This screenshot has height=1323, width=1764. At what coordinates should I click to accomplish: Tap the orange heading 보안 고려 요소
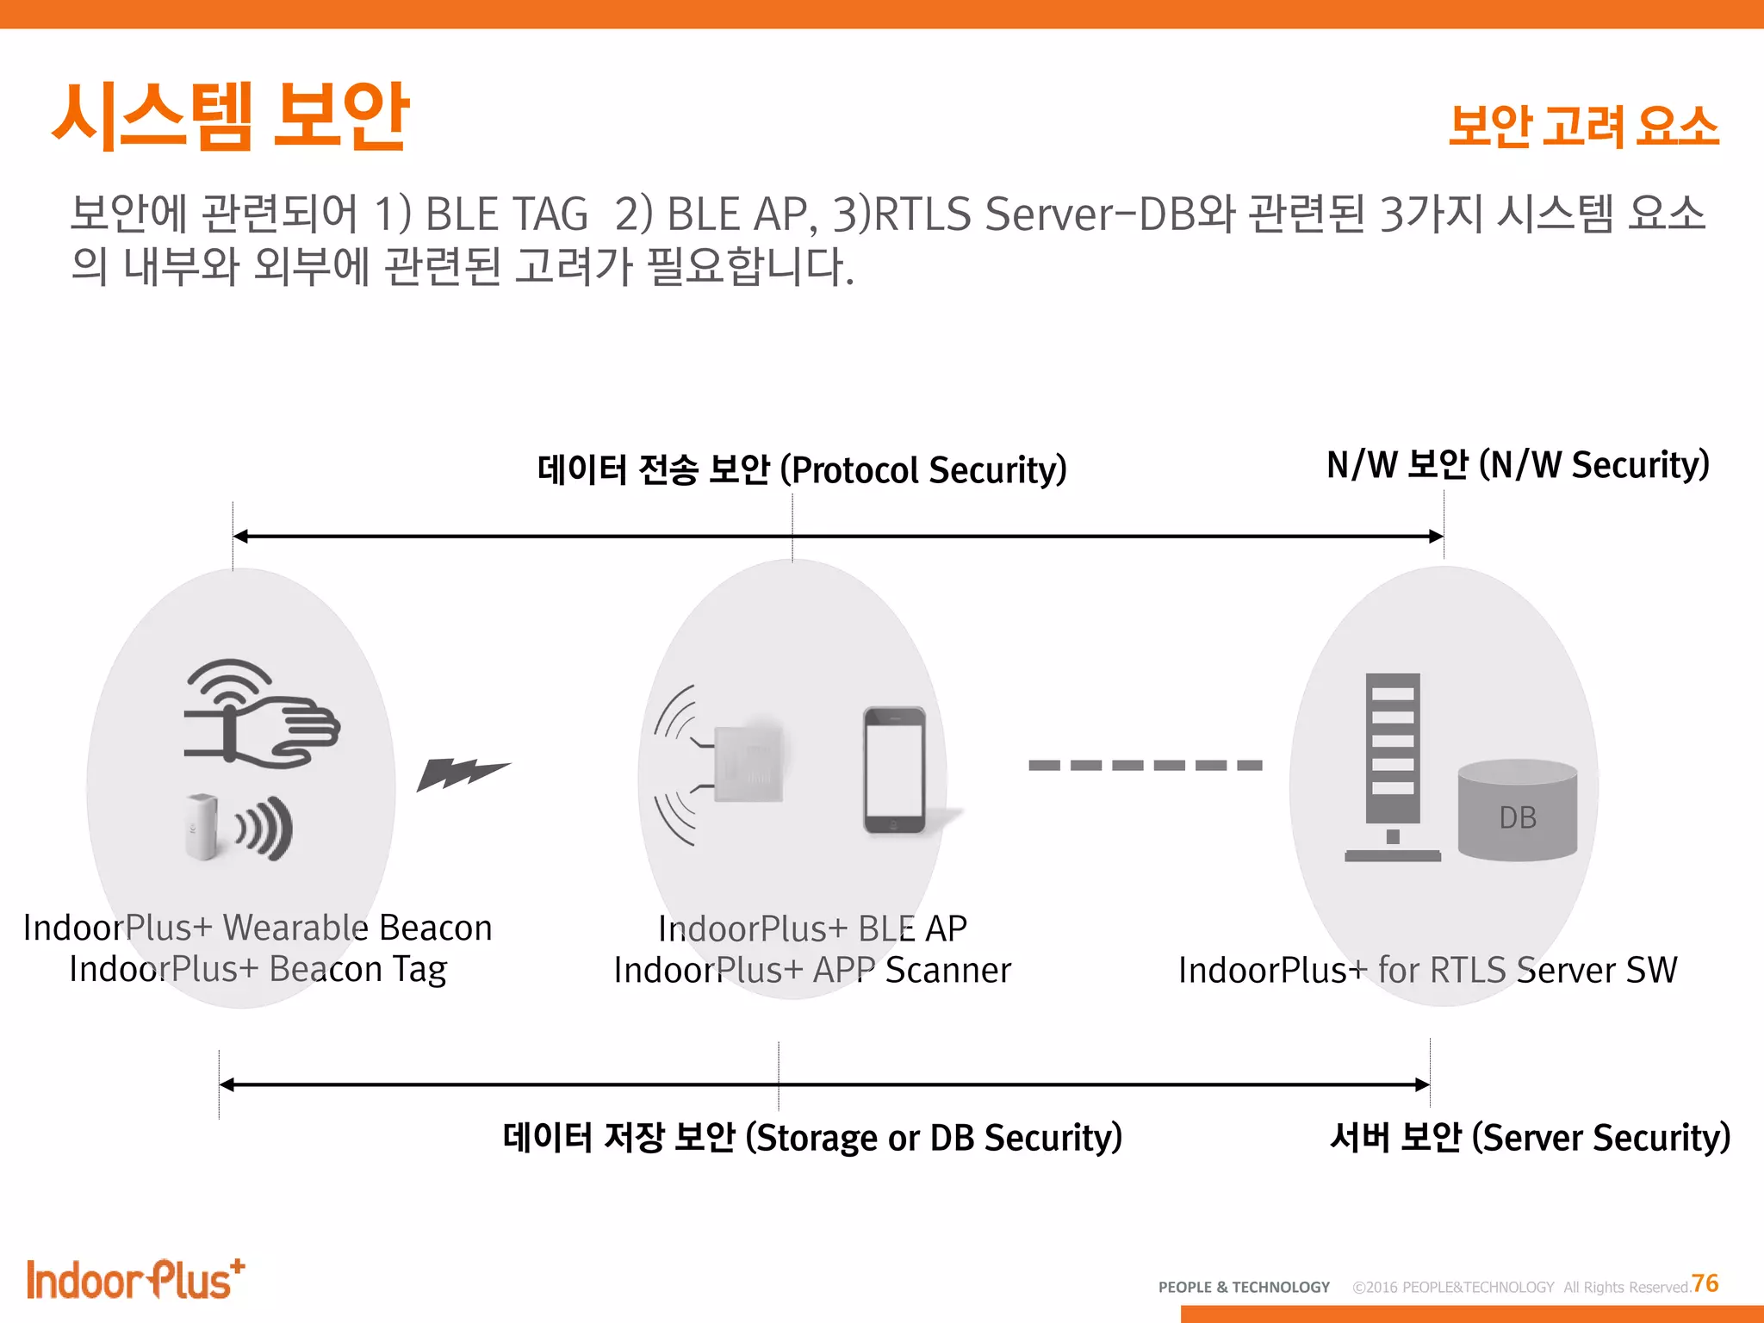pos(1583,127)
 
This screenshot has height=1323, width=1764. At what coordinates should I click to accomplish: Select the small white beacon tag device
pos(202,826)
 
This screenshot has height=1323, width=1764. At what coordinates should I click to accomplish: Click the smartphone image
pos(895,770)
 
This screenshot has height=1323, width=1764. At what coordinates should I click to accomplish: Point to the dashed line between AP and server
pos(1145,765)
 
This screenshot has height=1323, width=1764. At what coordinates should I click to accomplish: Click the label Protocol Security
pos(802,470)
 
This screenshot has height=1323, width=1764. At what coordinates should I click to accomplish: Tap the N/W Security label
pos(1518,465)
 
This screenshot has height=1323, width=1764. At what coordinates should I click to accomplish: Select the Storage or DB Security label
pos(812,1138)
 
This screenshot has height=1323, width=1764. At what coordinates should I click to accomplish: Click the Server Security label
pos(1530,1138)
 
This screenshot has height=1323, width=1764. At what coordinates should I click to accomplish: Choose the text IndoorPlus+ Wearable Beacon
pos(258,928)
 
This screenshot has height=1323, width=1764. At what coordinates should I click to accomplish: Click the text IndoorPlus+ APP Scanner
pos(812,971)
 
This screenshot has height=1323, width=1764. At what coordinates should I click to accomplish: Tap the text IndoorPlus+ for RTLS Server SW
pos(1427,971)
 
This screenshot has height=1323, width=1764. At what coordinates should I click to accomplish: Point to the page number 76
pos(1705,1283)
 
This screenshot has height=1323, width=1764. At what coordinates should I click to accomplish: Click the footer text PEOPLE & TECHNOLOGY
pos(1244,1287)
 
